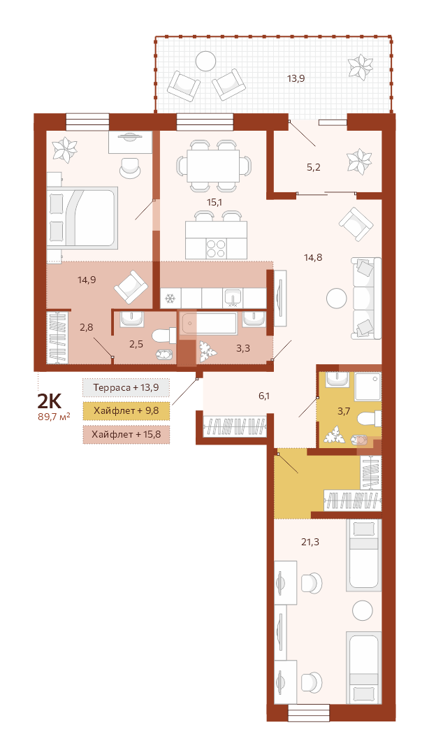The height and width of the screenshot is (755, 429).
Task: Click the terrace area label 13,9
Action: coord(296,78)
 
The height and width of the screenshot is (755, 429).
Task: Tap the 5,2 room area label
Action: coord(314,168)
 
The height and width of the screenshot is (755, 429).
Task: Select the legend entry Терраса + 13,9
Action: coord(126,387)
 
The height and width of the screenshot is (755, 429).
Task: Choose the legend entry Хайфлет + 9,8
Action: coord(126,411)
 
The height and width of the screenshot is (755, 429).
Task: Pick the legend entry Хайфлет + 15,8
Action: coord(126,435)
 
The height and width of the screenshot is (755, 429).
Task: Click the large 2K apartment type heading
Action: coord(50,401)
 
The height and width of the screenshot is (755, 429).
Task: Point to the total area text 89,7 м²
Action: coord(54,417)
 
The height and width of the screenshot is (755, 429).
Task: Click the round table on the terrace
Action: coord(205,61)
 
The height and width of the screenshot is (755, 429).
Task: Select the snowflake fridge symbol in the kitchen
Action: coord(170,299)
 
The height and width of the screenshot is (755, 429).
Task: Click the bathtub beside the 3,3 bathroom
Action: coord(208,323)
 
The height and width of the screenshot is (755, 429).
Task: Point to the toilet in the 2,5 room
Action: coord(163,336)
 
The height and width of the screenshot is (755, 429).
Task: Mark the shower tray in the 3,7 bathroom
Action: coord(368,387)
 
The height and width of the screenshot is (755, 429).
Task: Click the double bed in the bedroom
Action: coord(82,217)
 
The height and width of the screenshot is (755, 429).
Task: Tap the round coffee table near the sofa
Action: coord(336,298)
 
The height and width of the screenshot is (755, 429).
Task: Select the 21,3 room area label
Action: coord(310,542)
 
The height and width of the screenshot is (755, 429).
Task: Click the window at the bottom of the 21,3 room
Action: coord(309,712)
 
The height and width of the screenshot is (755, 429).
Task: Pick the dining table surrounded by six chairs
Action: coord(213,166)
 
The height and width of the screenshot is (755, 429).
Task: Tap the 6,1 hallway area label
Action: coord(264,396)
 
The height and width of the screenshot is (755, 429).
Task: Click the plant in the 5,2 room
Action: coord(360,161)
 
